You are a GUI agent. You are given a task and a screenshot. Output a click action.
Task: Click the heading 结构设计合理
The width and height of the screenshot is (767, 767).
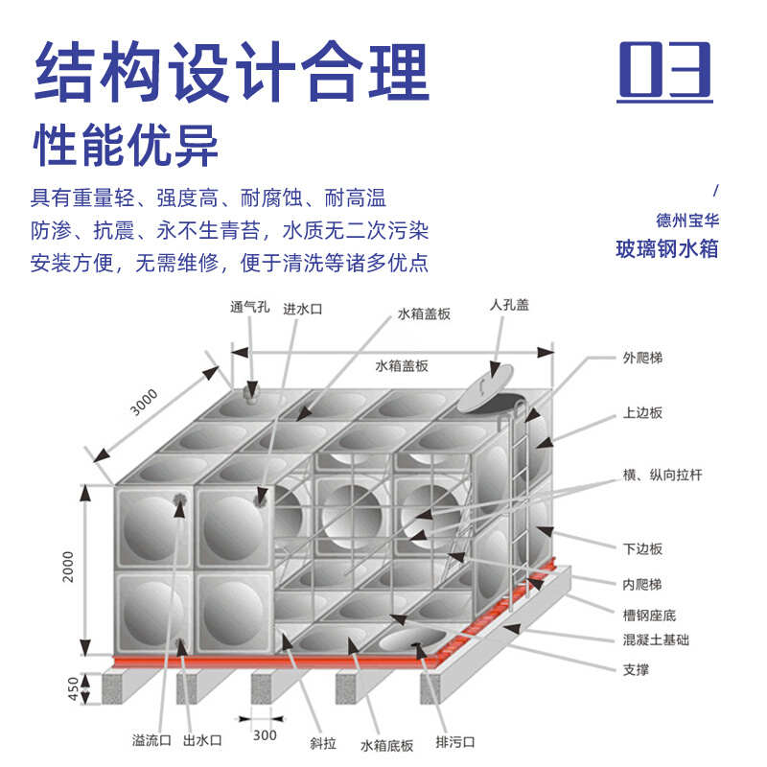pos(231,71)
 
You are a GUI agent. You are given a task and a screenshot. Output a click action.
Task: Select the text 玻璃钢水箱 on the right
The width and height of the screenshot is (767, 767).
pos(667,248)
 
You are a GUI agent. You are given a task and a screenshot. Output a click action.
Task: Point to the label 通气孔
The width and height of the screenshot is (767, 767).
pos(250,308)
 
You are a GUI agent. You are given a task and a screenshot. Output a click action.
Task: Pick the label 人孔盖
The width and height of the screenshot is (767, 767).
pos(509,305)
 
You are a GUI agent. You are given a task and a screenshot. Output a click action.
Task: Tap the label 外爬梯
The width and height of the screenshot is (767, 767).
pos(641,358)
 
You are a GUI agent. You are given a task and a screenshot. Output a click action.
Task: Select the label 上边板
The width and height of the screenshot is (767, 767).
pos(641,413)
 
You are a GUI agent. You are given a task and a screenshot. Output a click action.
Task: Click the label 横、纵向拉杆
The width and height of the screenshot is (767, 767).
pos(662,476)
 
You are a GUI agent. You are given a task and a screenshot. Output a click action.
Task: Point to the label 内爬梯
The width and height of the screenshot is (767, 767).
pos(641,582)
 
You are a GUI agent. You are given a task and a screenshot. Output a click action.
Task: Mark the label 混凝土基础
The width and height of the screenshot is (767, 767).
pos(655,639)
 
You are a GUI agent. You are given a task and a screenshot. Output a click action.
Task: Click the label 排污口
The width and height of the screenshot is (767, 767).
pos(455,743)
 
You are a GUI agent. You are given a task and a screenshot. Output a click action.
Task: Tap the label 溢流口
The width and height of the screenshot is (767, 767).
pos(152,740)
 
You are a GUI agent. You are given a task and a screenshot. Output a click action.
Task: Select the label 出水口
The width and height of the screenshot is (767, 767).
pos(202,740)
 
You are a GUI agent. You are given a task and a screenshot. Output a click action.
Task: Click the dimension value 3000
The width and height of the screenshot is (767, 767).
pos(144,404)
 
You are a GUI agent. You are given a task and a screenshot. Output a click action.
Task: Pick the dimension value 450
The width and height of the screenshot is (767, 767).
pos(68,687)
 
